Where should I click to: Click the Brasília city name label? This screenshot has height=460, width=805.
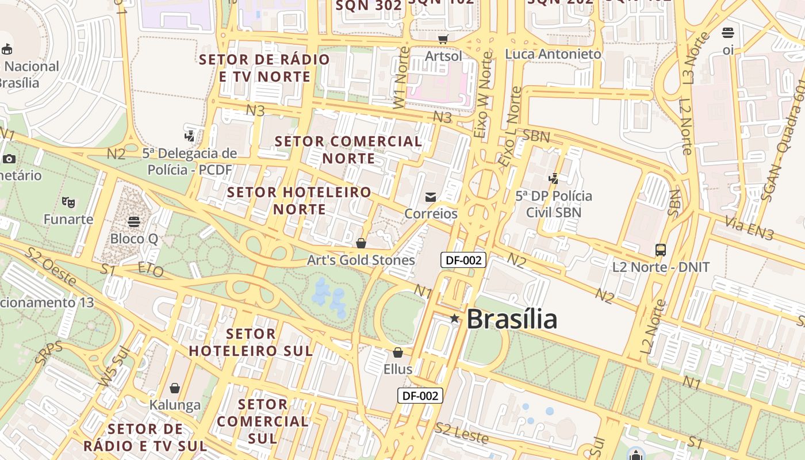point(512,319)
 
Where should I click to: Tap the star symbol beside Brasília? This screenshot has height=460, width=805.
point(455,318)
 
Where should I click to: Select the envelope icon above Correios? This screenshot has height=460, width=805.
point(431,197)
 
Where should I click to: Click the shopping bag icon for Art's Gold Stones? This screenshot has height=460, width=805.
point(361,243)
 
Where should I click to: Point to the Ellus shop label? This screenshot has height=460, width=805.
point(398,369)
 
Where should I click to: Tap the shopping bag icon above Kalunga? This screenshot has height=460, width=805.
point(175,389)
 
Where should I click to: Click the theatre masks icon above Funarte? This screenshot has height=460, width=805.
point(68,202)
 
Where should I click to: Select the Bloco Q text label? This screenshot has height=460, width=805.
point(134,239)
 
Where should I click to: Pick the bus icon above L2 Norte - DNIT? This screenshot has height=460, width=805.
point(661,250)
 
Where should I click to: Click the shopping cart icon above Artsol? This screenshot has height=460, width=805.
point(443,39)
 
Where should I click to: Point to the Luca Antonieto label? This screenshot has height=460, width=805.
point(553,54)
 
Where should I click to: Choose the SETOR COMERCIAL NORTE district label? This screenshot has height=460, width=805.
point(348,149)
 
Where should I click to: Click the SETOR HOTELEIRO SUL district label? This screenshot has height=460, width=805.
point(251,342)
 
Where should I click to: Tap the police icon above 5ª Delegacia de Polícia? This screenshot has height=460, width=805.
point(189,136)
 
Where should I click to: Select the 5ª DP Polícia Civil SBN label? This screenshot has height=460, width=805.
point(554,204)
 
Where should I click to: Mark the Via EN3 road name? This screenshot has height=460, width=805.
point(749,228)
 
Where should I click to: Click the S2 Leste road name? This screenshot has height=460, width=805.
point(462,433)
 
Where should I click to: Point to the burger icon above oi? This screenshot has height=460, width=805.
point(728,33)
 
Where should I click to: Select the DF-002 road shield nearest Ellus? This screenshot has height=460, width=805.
point(420,396)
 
